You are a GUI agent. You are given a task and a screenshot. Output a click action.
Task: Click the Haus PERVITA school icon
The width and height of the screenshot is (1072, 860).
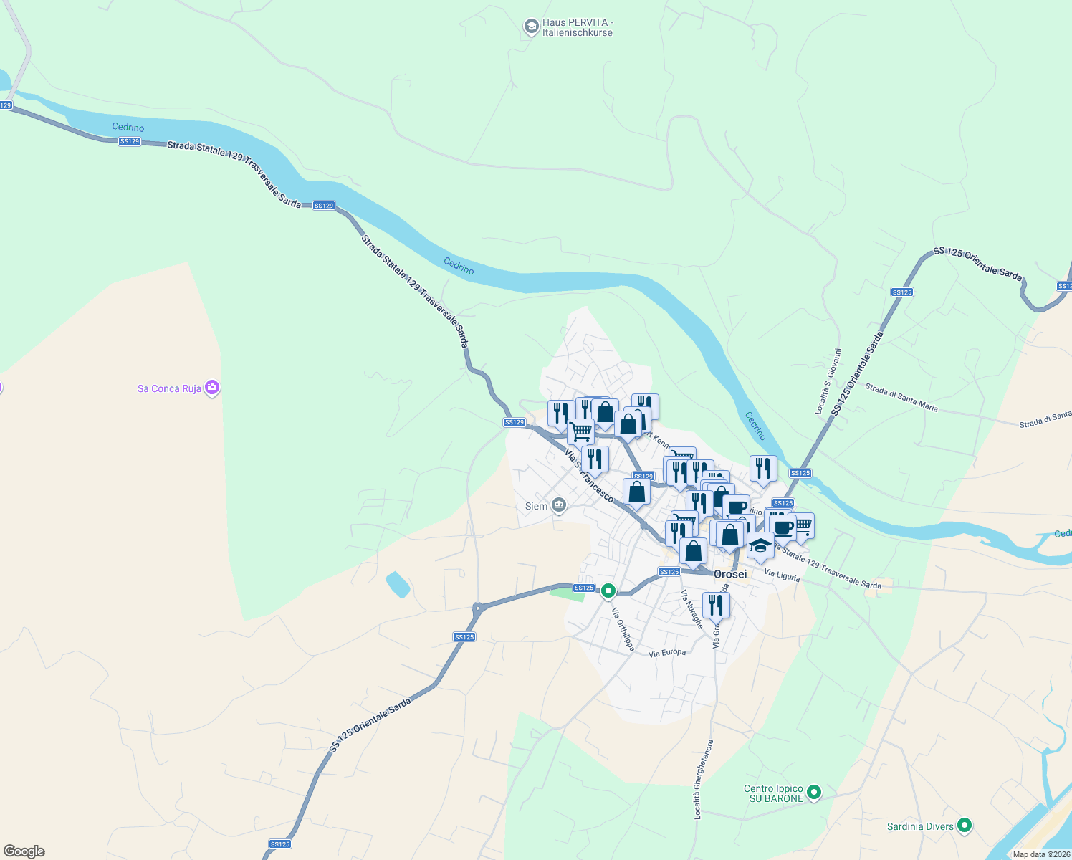(x=531, y=27)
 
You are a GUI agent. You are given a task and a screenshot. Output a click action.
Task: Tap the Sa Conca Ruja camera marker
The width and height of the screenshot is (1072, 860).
(x=211, y=388)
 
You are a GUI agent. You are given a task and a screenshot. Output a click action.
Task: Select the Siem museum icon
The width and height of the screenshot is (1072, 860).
(x=559, y=506)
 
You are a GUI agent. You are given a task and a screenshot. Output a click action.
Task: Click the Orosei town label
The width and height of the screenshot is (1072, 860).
(x=730, y=574)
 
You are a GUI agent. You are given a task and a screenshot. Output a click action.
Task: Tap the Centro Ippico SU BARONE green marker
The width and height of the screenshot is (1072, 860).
(x=813, y=793)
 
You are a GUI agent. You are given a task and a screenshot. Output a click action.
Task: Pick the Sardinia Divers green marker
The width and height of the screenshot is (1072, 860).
(x=965, y=826)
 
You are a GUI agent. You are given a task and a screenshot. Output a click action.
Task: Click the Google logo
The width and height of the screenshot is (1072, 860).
(x=24, y=851)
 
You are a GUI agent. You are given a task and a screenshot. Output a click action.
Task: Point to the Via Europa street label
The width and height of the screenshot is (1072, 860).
(x=667, y=653)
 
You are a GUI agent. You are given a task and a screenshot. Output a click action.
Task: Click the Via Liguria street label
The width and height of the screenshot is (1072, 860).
(x=781, y=574)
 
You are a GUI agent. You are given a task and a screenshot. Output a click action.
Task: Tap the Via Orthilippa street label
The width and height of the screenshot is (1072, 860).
(x=623, y=629)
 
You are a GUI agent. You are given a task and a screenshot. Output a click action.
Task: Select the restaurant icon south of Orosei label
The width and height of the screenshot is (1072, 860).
(x=716, y=605)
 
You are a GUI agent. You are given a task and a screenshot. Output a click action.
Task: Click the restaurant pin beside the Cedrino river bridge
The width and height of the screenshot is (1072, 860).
(x=763, y=468)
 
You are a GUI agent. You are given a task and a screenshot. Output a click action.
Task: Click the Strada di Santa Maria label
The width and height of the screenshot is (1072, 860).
(x=901, y=398)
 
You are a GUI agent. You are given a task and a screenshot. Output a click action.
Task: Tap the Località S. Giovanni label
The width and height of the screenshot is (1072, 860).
(x=828, y=382)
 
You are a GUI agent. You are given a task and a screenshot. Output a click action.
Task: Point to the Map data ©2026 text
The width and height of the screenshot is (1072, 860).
(x=1041, y=854)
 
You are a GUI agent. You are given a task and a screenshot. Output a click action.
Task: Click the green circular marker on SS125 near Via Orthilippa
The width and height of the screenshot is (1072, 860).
(x=608, y=591)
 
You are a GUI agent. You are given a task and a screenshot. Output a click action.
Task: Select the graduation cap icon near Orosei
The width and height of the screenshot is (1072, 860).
(x=760, y=546)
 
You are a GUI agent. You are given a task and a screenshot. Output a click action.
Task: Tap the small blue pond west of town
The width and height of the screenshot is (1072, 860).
(x=398, y=584)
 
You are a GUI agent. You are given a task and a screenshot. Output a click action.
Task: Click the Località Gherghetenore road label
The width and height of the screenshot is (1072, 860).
(x=703, y=780)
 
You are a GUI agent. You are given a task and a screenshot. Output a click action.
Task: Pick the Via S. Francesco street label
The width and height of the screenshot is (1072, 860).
(x=589, y=475)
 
